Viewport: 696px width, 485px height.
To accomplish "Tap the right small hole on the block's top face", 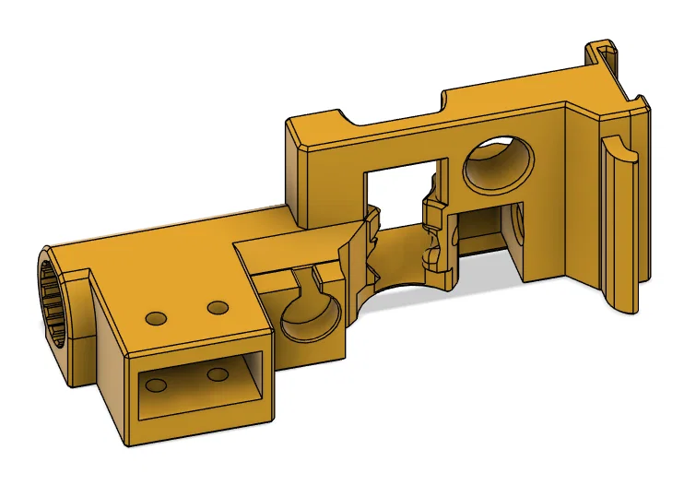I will click(x=218, y=306).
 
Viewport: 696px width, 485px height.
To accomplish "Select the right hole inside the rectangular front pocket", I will click(x=218, y=373).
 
